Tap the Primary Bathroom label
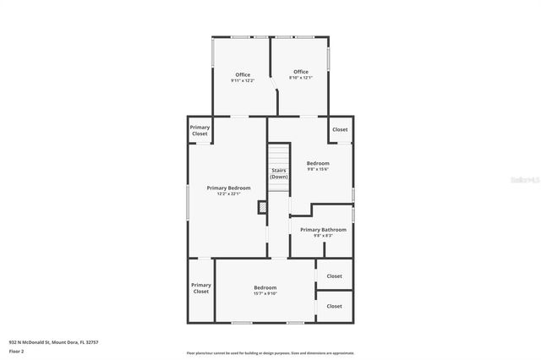click(323, 229)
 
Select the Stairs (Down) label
click(279, 173)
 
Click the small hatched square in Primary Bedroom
click(263, 205)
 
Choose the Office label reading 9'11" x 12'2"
click(242, 74)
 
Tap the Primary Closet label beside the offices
click(199, 130)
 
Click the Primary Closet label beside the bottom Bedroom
click(200, 288)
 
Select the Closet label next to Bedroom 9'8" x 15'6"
click(340, 129)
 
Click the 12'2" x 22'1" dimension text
click(228, 194)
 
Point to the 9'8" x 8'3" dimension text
click(323, 236)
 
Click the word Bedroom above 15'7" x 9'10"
click(265, 287)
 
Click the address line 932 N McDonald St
click(54, 342)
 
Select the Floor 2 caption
click(17, 350)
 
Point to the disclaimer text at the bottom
click(270, 353)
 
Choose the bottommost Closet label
click(334, 306)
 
